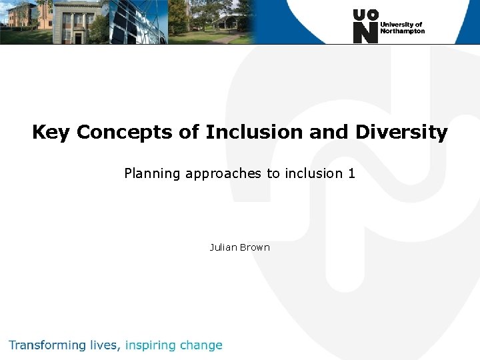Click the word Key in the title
click(x=51, y=133)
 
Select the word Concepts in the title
click(x=125, y=133)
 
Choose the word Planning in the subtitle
click(x=152, y=174)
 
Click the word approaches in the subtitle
click(x=223, y=174)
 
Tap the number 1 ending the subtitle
click(x=351, y=173)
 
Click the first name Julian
click(x=223, y=247)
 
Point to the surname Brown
click(x=255, y=247)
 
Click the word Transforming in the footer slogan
click(x=47, y=345)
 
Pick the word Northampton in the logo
click(x=402, y=31)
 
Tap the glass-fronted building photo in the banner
click(x=137, y=21)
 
